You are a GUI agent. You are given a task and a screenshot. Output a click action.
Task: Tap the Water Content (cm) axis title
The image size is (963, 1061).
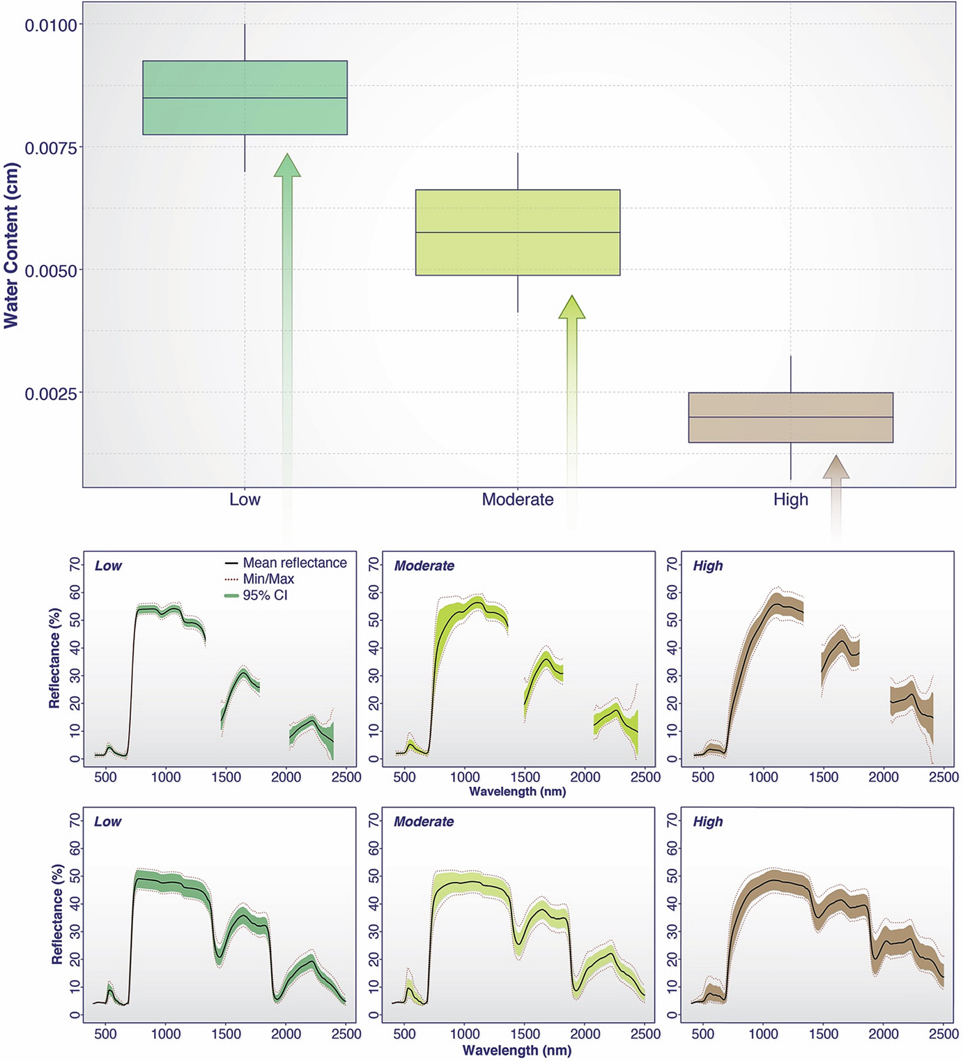(x=11, y=245)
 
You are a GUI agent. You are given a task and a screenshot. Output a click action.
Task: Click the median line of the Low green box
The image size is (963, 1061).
(x=245, y=98)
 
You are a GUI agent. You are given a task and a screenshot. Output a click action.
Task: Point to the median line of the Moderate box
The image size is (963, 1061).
(x=517, y=232)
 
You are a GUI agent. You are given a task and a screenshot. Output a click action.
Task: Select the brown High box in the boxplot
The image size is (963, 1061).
(x=790, y=418)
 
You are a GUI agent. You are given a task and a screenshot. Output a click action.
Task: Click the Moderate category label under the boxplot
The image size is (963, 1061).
(x=517, y=499)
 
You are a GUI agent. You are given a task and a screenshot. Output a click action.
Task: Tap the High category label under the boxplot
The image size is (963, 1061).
(x=790, y=499)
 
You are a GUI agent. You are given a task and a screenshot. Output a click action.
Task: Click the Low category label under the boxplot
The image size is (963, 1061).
(x=245, y=499)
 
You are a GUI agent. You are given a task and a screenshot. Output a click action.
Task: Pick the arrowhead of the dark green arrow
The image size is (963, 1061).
(x=287, y=165)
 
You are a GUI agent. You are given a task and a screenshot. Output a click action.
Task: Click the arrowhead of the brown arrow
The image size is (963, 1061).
(x=835, y=467)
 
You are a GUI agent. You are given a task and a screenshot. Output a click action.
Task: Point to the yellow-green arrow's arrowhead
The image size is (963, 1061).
(x=572, y=307)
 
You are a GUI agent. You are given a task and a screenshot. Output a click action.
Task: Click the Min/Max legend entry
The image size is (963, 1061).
(x=268, y=579)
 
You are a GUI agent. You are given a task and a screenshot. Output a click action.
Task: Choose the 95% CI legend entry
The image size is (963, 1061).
(x=265, y=595)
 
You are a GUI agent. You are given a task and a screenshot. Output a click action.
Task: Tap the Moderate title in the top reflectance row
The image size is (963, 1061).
(x=424, y=566)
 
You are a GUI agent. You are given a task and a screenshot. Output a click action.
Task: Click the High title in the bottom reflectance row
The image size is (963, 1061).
(x=707, y=822)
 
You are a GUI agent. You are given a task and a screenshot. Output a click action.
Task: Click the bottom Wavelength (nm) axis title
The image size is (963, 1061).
(x=516, y=1051)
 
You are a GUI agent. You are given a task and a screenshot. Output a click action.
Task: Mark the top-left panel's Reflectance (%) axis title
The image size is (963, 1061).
(x=54, y=658)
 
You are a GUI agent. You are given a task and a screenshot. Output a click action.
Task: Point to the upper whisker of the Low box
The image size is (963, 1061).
(x=245, y=43)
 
